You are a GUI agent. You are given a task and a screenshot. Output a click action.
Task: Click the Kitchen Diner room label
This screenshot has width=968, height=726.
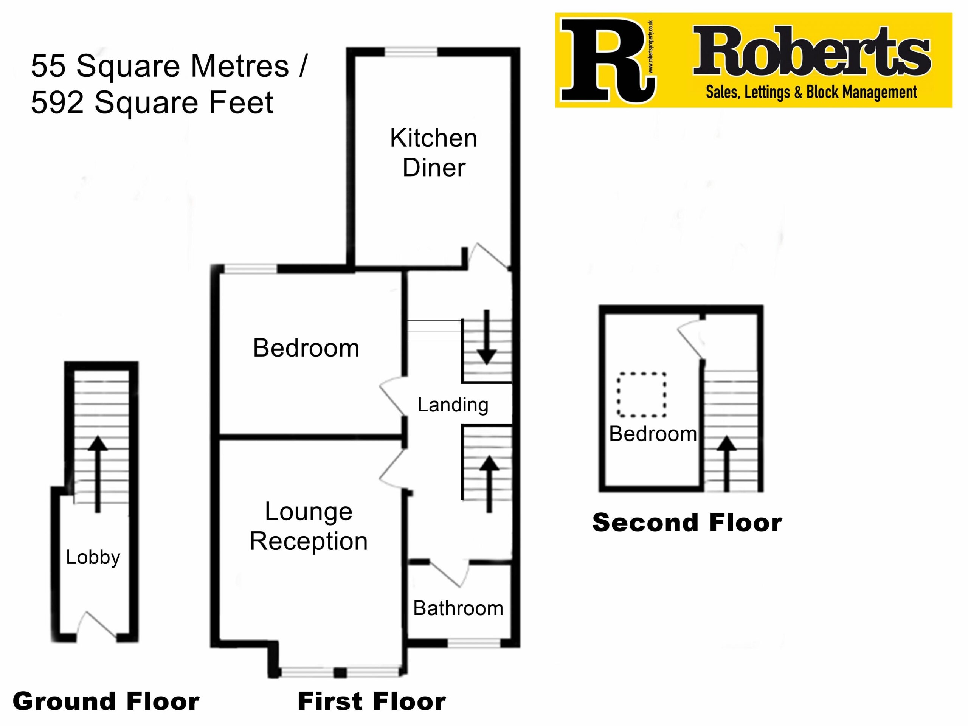coord(434,153)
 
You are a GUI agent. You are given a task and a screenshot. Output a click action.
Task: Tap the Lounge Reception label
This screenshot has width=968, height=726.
coord(309,526)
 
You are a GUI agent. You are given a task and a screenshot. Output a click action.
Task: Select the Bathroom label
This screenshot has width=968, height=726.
coord(458,608)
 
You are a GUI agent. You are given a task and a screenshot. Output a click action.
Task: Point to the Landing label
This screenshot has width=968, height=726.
coord(453,405)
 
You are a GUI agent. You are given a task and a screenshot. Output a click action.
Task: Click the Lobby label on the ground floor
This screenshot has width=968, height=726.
coord(93,557)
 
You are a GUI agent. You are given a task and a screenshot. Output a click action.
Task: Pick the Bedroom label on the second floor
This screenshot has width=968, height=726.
coord(653,434)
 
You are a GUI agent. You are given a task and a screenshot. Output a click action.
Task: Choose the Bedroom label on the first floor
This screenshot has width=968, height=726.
coord(306,348)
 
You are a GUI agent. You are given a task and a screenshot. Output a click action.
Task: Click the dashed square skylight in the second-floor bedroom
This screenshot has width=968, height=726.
coord(642,395)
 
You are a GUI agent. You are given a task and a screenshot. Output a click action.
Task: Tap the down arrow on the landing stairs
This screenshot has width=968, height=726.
coord(486,337)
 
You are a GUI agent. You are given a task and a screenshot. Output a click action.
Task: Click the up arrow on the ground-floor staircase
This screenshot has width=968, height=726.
coord(98,475)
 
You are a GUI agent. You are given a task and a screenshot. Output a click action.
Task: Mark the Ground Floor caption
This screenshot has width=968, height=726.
coord(106,701)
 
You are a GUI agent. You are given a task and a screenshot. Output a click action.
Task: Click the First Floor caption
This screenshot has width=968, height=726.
coord(372,701)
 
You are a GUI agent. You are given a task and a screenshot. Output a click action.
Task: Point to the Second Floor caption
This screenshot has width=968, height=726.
coord(687,523)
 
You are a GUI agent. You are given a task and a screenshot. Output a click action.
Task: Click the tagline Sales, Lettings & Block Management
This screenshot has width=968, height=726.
coord(811,92)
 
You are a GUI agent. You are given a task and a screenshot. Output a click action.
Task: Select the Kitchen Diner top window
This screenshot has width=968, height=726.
coord(411,53)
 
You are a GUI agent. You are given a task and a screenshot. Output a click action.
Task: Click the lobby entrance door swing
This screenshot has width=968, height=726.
coord(97,625)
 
